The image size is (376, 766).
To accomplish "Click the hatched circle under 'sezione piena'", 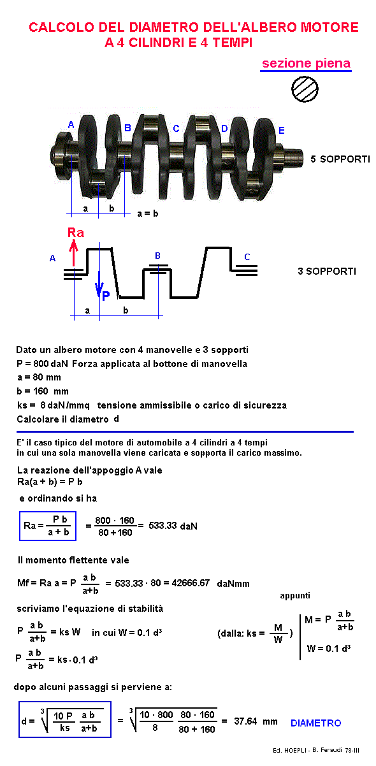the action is click(x=305, y=89).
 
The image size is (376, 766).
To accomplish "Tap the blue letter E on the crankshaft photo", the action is click(x=281, y=130).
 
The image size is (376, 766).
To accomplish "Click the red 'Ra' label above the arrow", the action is click(x=76, y=233).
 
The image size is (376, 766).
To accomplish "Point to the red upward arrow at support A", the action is click(x=73, y=252).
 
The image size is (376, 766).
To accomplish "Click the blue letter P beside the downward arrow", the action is click(x=106, y=296).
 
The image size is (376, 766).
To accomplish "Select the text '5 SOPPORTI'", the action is click(x=340, y=159).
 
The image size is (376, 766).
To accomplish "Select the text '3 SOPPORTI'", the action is click(x=327, y=271).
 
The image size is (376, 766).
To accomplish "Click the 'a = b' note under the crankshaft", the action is click(x=148, y=213).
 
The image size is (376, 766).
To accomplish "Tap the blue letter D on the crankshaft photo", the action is click(x=224, y=129).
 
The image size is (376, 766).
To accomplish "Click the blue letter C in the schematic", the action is click(x=247, y=257).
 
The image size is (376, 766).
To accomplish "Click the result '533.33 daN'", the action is click(x=173, y=526).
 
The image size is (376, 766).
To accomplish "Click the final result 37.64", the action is click(x=245, y=721).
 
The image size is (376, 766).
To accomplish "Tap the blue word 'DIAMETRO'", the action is click(x=316, y=723).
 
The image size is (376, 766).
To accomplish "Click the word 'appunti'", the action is click(x=295, y=596).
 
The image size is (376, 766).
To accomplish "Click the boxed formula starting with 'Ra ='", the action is click(x=48, y=526).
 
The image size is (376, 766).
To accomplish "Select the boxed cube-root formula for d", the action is click(x=65, y=719).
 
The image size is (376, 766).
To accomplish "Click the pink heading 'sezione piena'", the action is click(x=307, y=64).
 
